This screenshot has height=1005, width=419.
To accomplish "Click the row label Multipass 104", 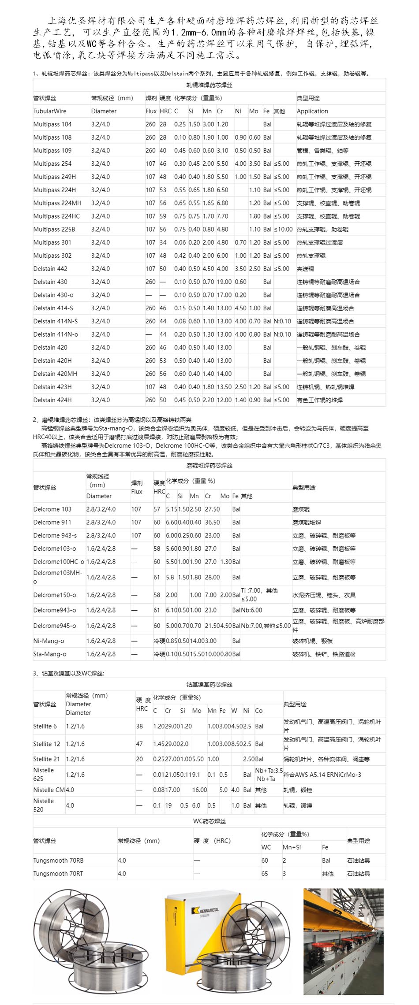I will pyautogui.click(x=52, y=124).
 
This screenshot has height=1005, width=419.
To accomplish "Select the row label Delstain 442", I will pyautogui.click(x=51, y=269).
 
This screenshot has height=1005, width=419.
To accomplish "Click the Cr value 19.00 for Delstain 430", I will pyautogui.click(x=224, y=282).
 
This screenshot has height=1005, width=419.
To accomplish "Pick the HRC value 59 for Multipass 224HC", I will pyautogui.click(x=163, y=216).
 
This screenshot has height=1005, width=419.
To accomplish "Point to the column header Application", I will pyautogui.click(x=312, y=111).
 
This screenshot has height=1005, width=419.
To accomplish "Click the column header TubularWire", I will pyautogui.click(x=50, y=111).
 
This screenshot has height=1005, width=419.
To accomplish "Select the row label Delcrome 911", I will pyautogui.click(x=52, y=523).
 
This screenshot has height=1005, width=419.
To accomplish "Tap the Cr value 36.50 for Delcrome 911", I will pyautogui.click(x=212, y=523).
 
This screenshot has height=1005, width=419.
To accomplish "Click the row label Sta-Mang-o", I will pyautogui.click(x=50, y=654).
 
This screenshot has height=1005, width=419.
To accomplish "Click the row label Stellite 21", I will pyautogui.click(x=46, y=759).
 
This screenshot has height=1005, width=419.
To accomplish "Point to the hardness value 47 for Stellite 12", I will pyautogui.click(x=139, y=744).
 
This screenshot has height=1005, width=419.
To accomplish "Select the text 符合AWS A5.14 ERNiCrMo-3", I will pyautogui.click(x=322, y=775).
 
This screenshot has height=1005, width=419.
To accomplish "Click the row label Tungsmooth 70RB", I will pyautogui.click(x=58, y=860).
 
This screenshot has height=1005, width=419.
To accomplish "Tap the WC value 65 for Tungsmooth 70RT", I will pyautogui.click(x=265, y=874).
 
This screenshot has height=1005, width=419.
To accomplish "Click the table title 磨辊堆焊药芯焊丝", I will pyautogui.click(x=209, y=465).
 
